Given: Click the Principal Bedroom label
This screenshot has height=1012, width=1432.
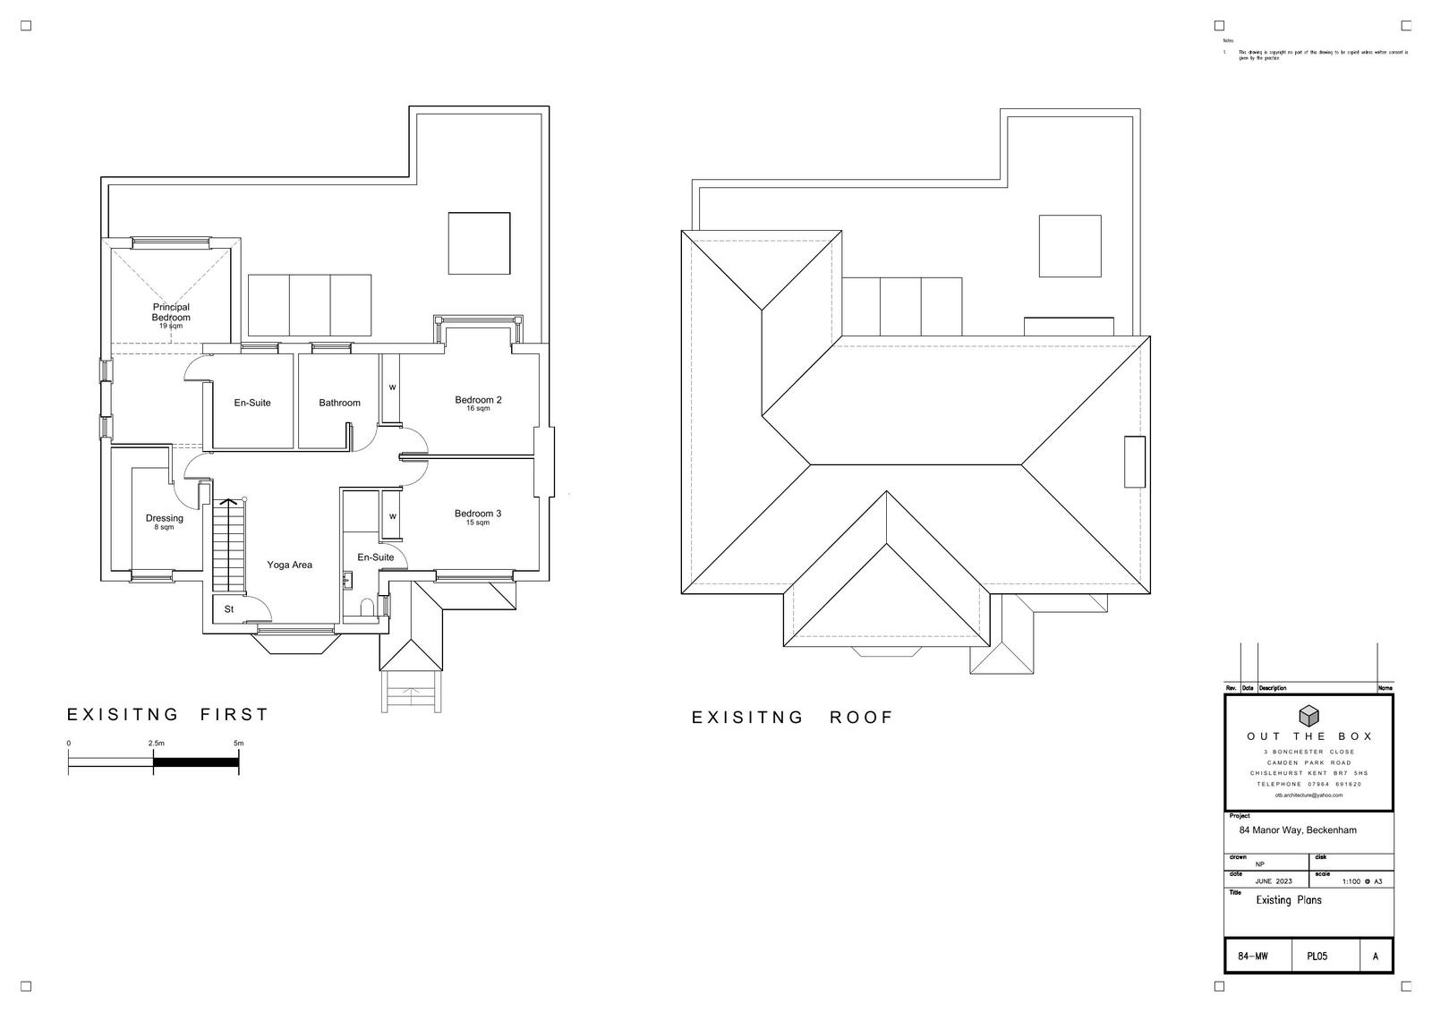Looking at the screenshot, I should click(x=170, y=312).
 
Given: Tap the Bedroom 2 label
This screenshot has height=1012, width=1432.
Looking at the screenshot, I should click(x=478, y=400).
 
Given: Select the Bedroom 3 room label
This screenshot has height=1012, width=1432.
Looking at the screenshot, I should click(x=477, y=514).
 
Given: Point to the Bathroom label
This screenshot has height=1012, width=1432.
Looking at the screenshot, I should click(x=340, y=403).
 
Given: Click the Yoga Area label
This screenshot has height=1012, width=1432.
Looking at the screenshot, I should click(x=289, y=565).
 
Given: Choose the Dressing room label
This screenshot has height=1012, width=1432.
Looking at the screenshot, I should click(x=165, y=518).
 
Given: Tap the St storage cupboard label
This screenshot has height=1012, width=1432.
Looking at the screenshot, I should click(x=228, y=609).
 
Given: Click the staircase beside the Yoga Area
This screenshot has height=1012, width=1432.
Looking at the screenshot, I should click(x=229, y=546).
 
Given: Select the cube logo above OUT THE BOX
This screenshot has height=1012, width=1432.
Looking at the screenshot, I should click(x=1308, y=715).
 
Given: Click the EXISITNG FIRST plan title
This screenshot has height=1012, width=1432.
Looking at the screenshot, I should click(x=167, y=714).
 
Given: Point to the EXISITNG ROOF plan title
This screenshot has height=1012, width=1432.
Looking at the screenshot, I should click(x=792, y=718).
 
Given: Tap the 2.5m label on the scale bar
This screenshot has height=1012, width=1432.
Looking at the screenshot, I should click(x=156, y=744).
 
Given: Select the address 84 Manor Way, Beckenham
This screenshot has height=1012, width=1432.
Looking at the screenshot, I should click(x=1297, y=830).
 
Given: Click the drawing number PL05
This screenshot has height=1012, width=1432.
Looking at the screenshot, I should click(x=1317, y=957).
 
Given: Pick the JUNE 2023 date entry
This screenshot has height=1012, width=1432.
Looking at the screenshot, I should click(x=1273, y=881).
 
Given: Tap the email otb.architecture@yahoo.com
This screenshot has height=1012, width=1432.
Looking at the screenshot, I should click(x=1308, y=795).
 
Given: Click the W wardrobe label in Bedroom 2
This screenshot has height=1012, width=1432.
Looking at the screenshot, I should click(x=392, y=387).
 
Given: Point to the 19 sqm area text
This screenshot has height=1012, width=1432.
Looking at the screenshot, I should click(x=170, y=327).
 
